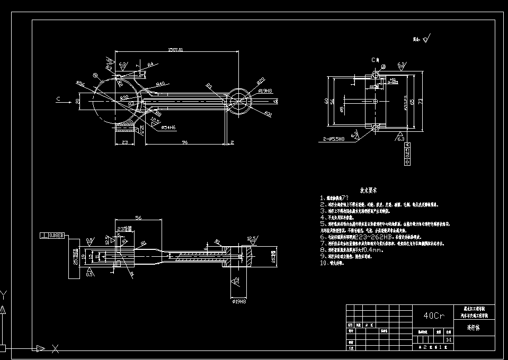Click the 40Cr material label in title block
point(434,316)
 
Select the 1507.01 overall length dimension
point(175,50)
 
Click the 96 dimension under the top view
point(185,142)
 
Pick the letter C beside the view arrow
point(57,99)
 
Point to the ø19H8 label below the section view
point(239,301)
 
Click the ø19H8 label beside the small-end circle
point(265,91)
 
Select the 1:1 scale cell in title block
point(449,340)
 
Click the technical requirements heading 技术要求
point(371,190)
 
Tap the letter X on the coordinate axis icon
point(55,348)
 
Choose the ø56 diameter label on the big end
point(81,83)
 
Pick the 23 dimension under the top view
point(125,142)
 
